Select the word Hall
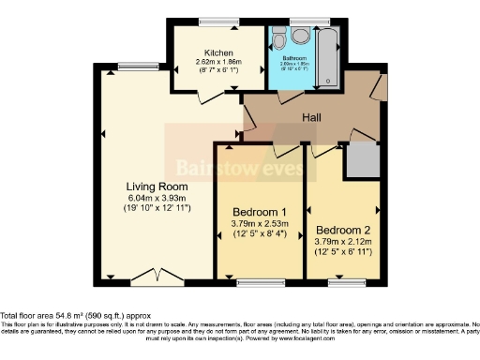[x=312, y=117]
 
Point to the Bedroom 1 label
[x=258, y=212]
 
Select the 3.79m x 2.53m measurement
[x=258, y=223]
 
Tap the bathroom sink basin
[x=277, y=38]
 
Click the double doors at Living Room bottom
[x=151, y=276]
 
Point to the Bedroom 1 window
[x=258, y=281]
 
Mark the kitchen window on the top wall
[x=217, y=21]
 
